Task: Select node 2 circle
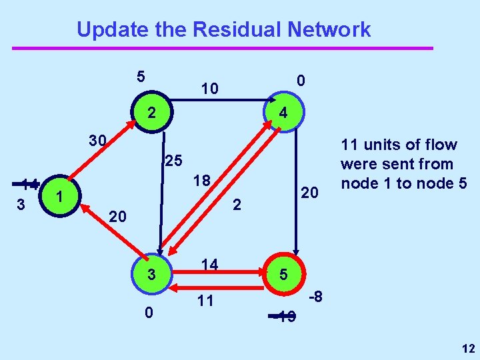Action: [151, 113]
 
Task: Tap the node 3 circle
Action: [151, 274]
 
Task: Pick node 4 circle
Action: [283, 113]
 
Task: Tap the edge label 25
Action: [173, 161]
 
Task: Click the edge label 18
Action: [202, 181]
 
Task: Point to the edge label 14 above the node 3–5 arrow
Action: [209, 265]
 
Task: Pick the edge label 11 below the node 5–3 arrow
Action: [205, 301]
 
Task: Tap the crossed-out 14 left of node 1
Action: [29, 185]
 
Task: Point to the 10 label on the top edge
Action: [211, 87]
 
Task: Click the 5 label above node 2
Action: [141, 76]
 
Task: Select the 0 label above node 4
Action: [301, 81]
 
